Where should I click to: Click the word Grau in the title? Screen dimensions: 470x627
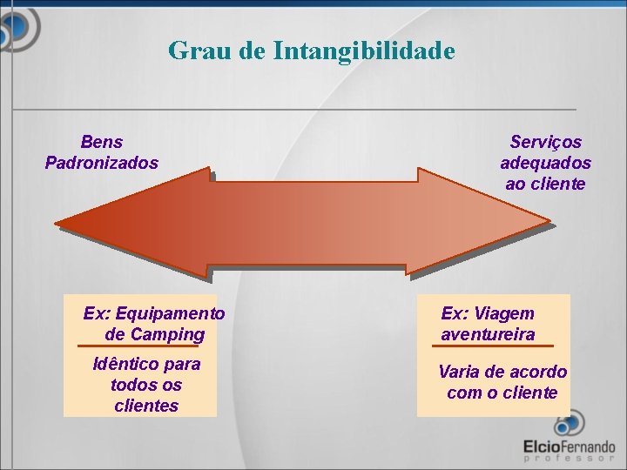(198, 50)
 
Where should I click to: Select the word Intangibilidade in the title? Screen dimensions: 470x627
(363, 50)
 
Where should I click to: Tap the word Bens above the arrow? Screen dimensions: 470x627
(102, 142)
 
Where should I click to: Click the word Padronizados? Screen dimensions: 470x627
(102, 163)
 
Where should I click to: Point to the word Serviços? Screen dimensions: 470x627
(546, 142)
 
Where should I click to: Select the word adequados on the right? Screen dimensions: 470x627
(545, 163)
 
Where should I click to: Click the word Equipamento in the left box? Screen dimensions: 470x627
(170, 313)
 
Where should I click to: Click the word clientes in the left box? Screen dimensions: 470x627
(146, 406)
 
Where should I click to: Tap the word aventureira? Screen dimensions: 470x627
(488, 334)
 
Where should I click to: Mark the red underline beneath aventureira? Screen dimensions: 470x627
(488, 346)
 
